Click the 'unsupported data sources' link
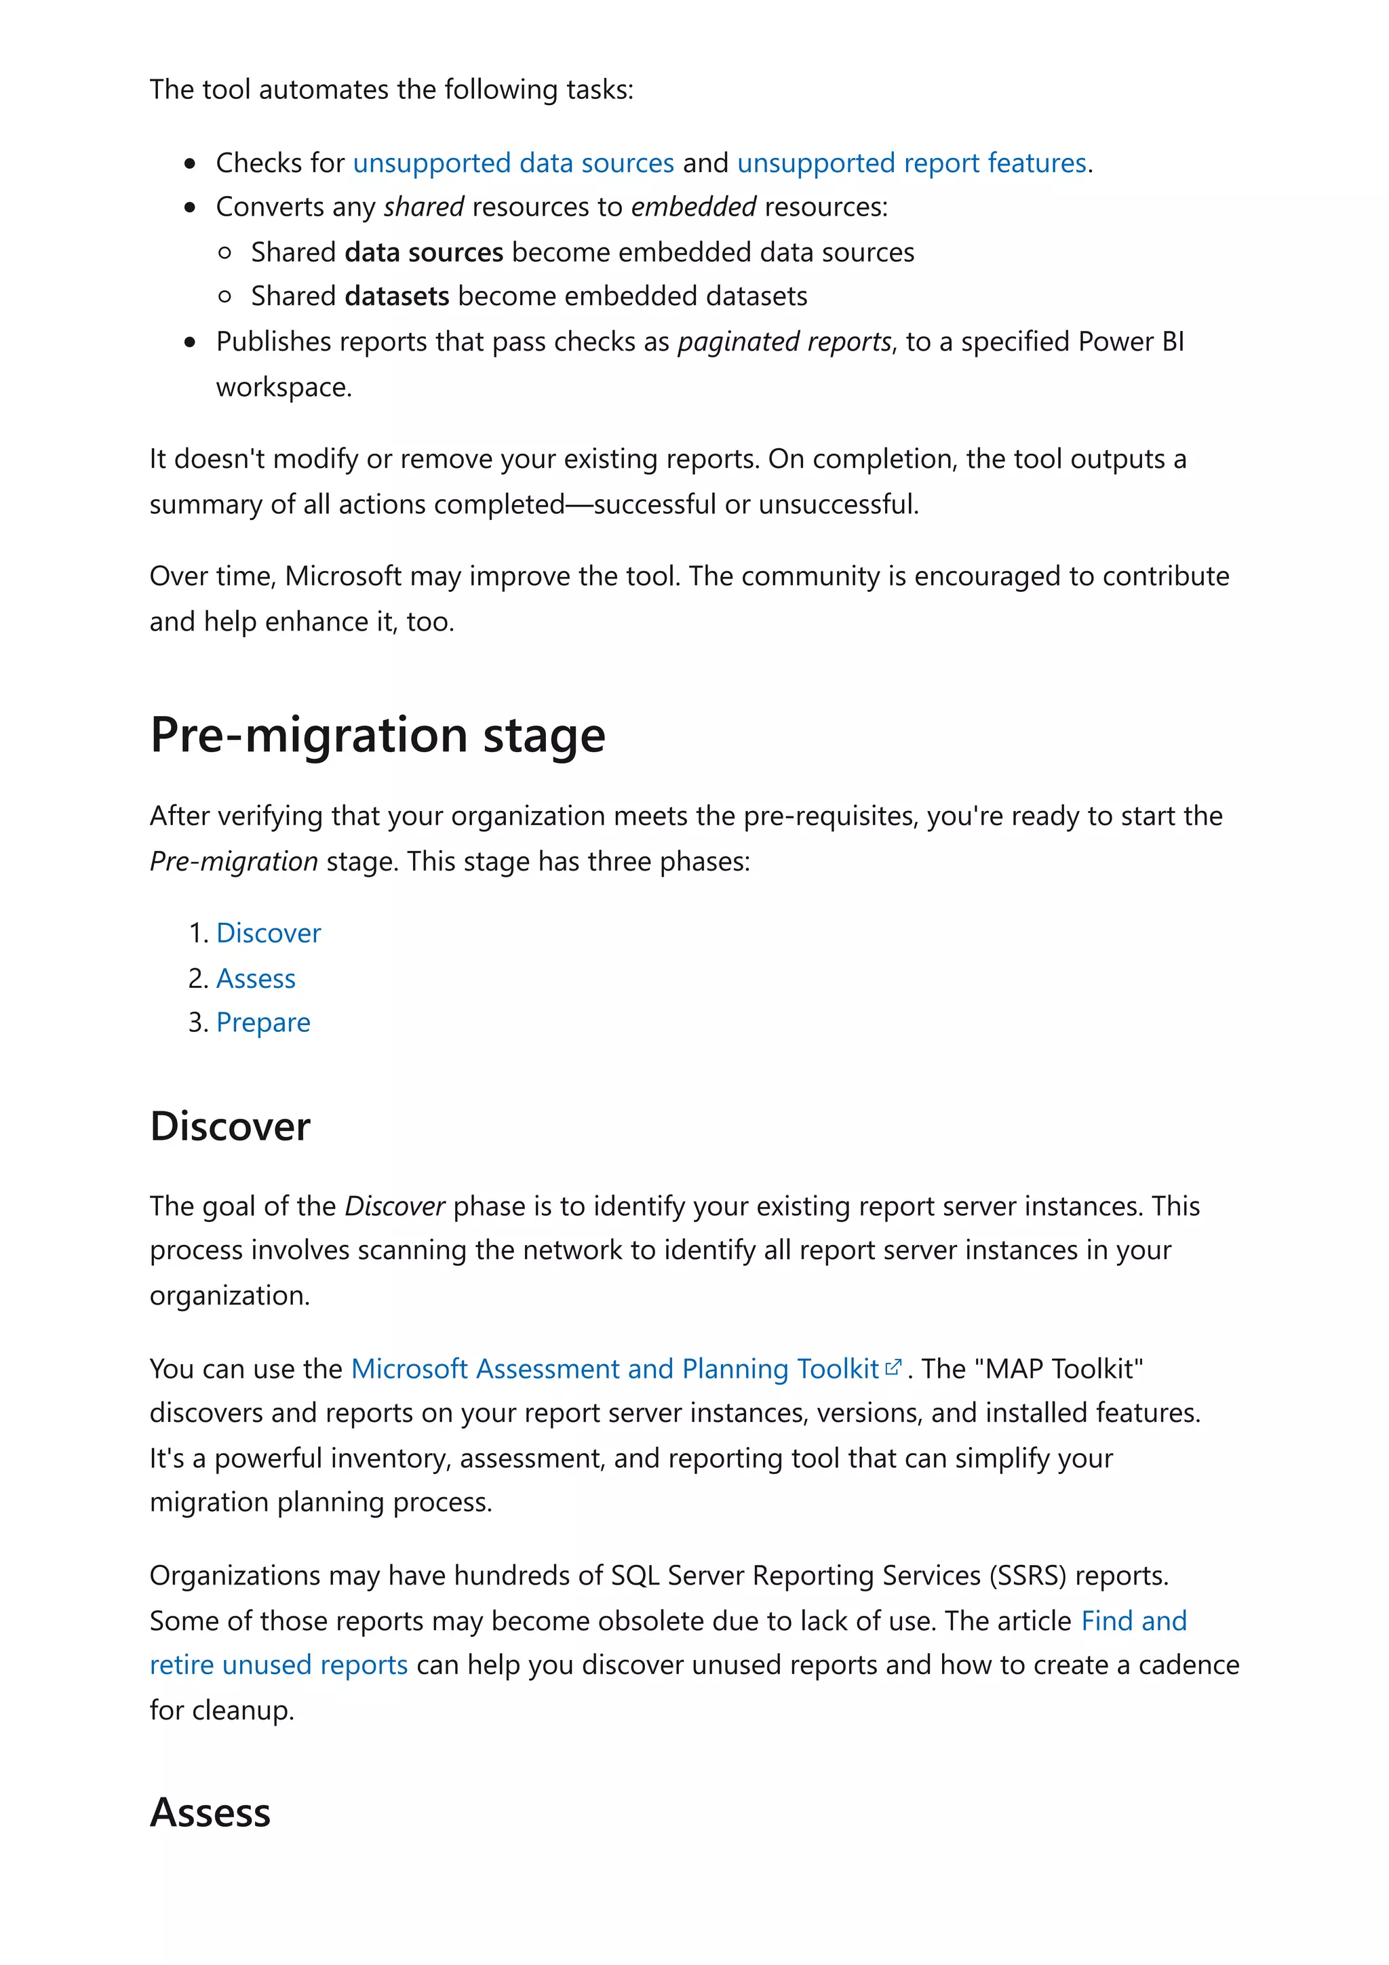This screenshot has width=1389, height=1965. coord(513,163)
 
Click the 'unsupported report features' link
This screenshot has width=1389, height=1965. coord(912,163)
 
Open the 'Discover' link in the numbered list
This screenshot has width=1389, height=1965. coord(269,933)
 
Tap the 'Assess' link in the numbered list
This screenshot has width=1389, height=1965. coord(256,978)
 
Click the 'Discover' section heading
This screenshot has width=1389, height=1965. coord(229,1126)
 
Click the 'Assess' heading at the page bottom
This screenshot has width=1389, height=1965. coord(210,1812)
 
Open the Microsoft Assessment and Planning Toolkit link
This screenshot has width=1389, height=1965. coord(614,1368)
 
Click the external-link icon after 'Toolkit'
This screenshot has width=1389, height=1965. coord(893,1368)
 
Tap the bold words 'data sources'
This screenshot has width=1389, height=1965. coord(424,252)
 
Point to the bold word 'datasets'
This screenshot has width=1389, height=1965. coord(397,296)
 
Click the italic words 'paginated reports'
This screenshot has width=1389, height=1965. coord(784,342)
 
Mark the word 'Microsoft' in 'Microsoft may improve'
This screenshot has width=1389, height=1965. coord(343,576)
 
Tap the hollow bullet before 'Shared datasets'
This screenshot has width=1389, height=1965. coord(225,297)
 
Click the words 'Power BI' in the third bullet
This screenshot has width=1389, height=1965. coord(1131,342)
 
